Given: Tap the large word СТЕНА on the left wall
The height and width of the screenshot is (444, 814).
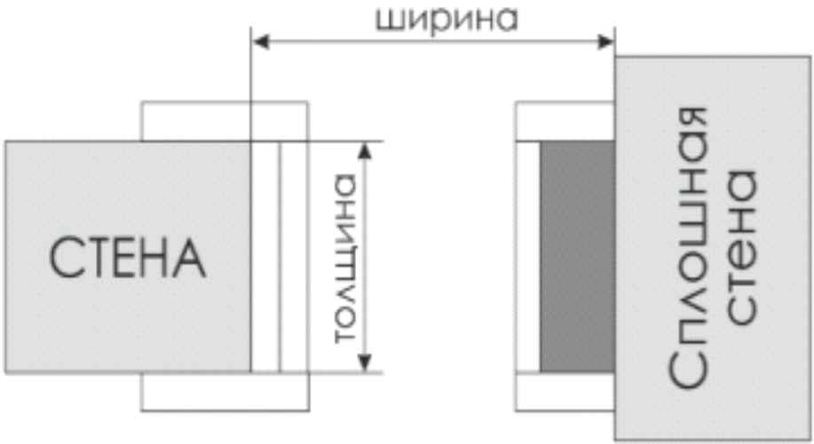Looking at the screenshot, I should [x=127, y=257].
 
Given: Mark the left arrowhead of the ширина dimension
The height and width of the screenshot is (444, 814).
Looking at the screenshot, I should [x=258, y=40].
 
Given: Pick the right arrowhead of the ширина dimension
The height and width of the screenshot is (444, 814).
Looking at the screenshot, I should [x=608, y=40].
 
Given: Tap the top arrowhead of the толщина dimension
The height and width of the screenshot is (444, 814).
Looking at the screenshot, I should [x=362, y=150].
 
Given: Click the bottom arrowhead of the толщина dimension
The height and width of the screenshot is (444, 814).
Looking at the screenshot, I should [x=362, y=364].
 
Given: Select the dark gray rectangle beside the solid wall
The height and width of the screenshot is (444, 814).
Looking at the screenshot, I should [x=577, y=257].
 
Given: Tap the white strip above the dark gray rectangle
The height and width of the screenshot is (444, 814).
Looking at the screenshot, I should [x=565, y=121].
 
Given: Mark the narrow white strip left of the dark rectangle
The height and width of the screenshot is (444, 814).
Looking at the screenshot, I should [x=528, y=257].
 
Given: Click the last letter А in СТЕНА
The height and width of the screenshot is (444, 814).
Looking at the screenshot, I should [x=189, y=257].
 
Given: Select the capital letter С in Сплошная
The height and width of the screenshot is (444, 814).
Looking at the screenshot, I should [x=693, y=371].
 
